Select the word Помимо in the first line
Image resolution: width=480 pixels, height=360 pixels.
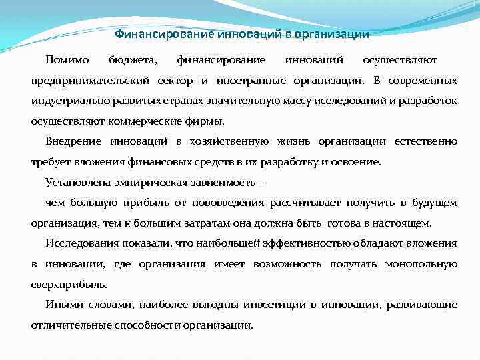point(67,61)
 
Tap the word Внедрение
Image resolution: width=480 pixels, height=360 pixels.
point(73,141)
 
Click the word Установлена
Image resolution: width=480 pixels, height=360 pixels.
point(76,182)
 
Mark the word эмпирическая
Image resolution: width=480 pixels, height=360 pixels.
point(145,182)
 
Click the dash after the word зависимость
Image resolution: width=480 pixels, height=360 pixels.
point(261,182)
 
